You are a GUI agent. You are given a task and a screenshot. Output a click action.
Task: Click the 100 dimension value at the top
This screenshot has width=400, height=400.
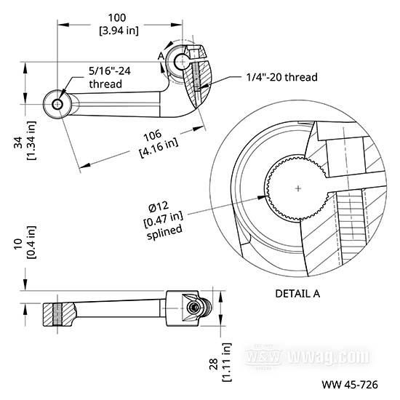pyautogui.click(x=117, y=18)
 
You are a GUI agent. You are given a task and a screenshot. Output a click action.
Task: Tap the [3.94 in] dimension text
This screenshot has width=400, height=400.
pyautogui.click(x=119, y=31)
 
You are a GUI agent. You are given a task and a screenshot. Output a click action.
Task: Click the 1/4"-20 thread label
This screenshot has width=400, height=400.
pyautogui.click(x=282, y=77)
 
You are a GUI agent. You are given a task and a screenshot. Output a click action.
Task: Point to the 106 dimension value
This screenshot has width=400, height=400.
pyautogui.click(x=153, y=136)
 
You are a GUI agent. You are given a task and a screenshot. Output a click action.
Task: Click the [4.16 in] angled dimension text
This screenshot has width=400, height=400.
pyautogui.click(x=159, y=148)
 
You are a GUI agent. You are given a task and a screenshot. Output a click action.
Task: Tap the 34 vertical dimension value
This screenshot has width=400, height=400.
pyautogui.click(x=18, y=143)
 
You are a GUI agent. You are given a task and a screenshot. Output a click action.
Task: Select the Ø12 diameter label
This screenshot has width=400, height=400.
pyautogui.click(x=159, y=207)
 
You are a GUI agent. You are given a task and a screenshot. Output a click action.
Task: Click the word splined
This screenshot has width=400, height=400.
pyautogui.click(x=165, y=231)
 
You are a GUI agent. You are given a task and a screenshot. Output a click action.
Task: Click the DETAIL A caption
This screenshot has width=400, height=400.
pyautogui.click(x=297, y=294)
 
